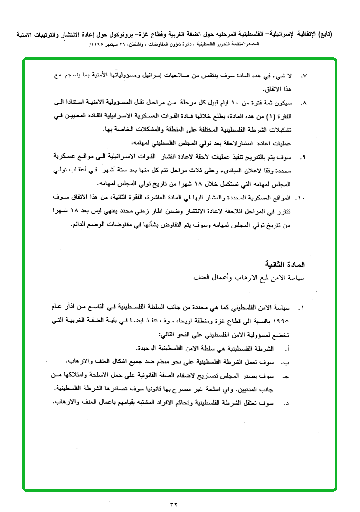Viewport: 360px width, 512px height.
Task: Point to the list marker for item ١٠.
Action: click(x=300, y=196)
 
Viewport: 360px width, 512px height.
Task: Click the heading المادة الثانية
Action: click(x=284, y=264)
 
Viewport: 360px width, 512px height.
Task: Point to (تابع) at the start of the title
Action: click(x=322, y=35)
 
